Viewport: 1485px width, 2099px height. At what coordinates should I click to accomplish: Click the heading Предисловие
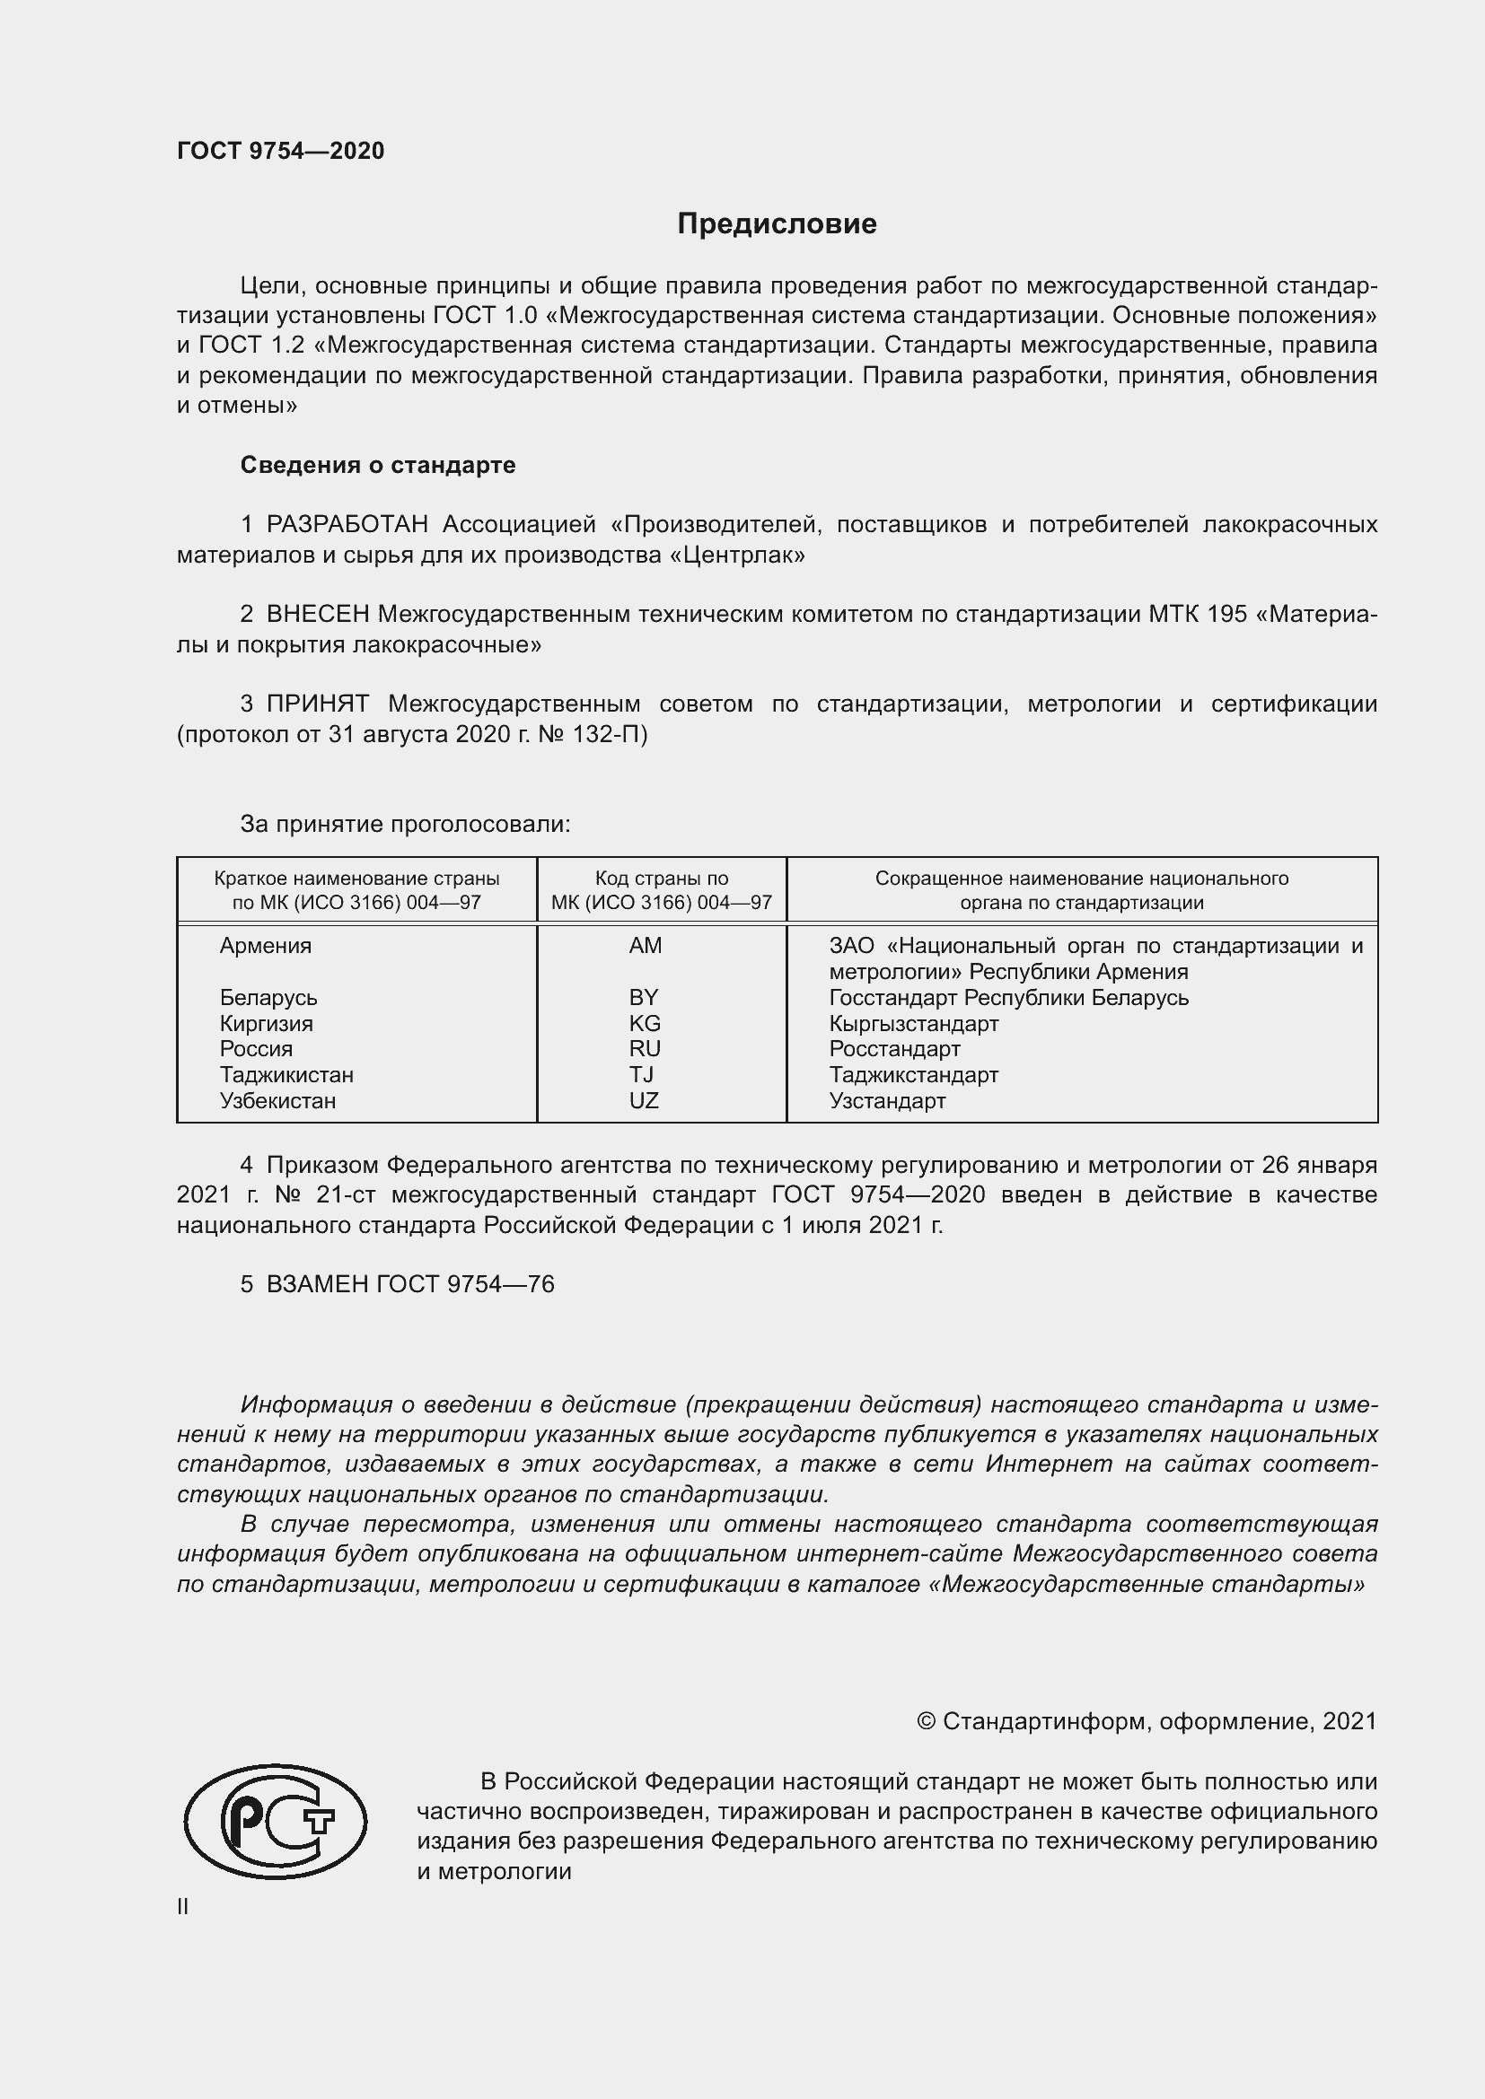[777, 224]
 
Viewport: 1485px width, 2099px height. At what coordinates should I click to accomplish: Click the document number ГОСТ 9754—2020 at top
[281, 151]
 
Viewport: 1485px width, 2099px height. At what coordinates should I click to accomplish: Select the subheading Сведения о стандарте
[378, 466]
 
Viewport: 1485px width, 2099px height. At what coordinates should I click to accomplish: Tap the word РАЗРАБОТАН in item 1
[347, 525]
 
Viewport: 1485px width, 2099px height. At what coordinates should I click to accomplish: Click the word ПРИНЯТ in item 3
[317, 704]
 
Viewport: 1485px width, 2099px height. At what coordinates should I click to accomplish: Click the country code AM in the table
[645, 946]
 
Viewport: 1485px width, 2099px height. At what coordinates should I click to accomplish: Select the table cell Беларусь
[268, 997]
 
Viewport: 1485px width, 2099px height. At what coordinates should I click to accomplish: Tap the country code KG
[645, 1024]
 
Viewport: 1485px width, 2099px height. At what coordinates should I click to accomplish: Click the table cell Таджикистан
[286, 1075]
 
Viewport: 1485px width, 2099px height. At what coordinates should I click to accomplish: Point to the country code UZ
[644, 1102]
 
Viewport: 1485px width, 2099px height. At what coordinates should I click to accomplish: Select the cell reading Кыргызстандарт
[913, 1024]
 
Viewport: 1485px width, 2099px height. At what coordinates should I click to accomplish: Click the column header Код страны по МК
[661, 890]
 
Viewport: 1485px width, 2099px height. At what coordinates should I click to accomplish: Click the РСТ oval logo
[276, 1821]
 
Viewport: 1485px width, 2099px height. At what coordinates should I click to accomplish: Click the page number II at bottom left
[183, 1907]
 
